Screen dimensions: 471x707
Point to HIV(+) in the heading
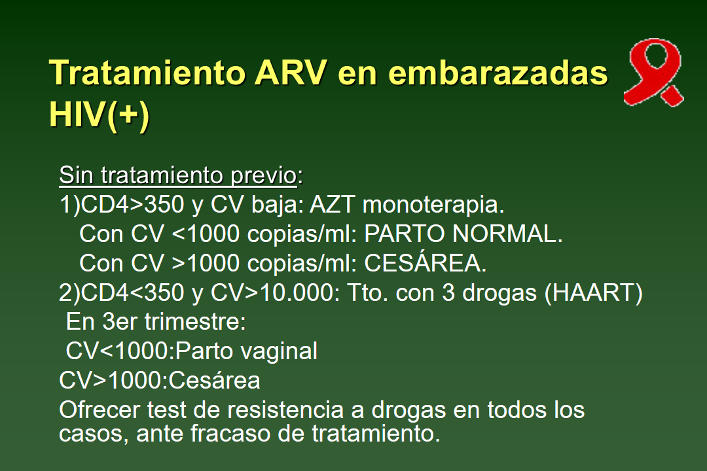(x=100, y=114)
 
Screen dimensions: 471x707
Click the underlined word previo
(x=264, y=175)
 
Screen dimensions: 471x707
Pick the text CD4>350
(x=134, y=205)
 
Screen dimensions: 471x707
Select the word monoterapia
(x=433, y=205)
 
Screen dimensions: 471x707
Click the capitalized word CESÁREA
(x=426, y=264)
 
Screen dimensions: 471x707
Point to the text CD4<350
(x=134, y=293)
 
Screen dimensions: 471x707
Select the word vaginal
(x=277, y=351)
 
